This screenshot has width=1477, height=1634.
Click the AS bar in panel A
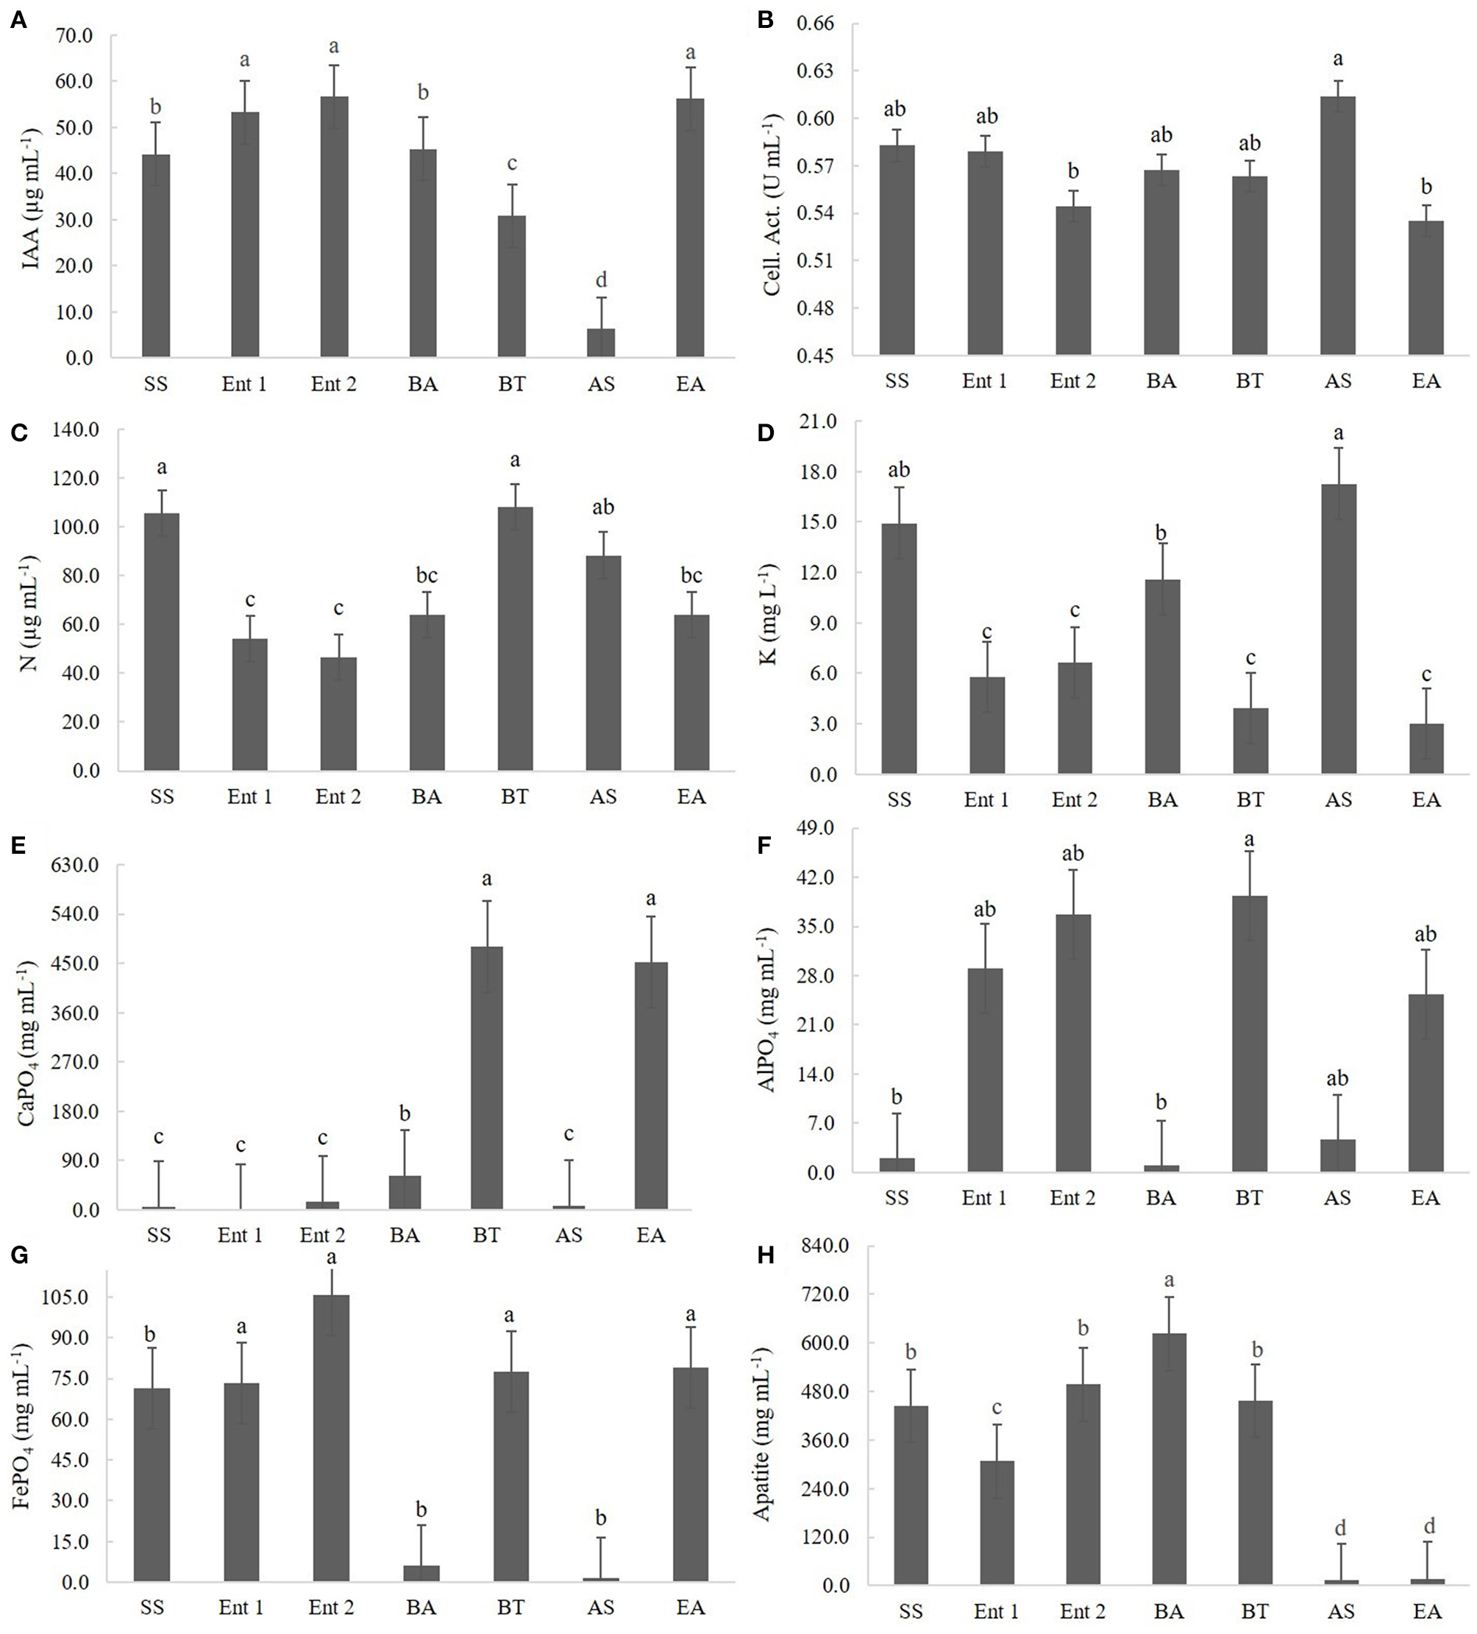pos(601,342)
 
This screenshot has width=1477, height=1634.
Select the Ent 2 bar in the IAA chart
pos(334,227)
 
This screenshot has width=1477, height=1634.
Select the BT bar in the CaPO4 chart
pos(486,1078)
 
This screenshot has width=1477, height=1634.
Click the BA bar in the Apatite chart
pos(1168,1459)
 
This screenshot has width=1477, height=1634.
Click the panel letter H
pos(764,1256)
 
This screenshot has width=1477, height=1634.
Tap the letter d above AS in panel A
pos(601,280)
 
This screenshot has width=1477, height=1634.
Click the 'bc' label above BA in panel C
pos(427,576)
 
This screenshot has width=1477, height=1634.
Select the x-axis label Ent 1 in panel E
pos(240,1235)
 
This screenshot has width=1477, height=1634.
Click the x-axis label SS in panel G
pos(152,1607)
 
